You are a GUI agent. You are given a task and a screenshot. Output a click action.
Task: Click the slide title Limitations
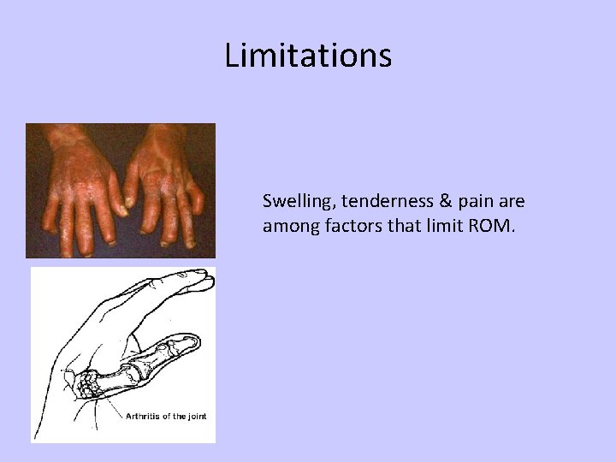(308, 56)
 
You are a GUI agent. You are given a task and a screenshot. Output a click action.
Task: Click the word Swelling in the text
(291, 203)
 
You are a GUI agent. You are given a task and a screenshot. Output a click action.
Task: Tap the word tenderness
(371, 203)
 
